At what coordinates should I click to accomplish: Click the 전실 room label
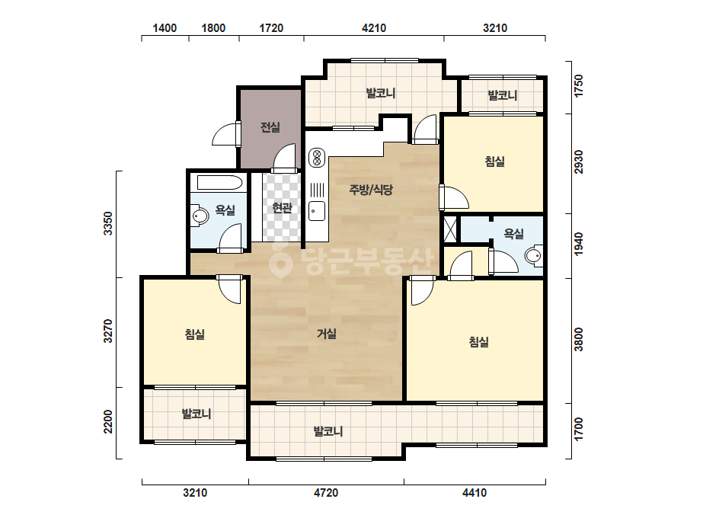coord(270,127)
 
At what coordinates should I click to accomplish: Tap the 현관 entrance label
coord(283,208)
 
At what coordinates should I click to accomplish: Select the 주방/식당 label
coord(371,190)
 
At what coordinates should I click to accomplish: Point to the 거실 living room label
coord(327,334)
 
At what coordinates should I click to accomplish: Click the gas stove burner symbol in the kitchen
coord(317,158)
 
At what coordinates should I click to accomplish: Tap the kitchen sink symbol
coord(317,211)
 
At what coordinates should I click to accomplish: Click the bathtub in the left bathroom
coord(220,183)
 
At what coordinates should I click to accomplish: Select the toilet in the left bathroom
coord(200,216)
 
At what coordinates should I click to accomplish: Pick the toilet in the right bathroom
coord(534,255)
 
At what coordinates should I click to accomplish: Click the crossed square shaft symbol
coord(449,229)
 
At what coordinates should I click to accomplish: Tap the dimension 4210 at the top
coord(374,28)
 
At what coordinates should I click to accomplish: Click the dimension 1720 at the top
coord(271,28)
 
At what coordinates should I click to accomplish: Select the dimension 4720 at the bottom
coord(326,493)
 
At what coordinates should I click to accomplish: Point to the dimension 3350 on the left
coord(108,223)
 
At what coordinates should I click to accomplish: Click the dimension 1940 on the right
coord(579,244)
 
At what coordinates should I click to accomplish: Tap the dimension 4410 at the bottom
coord(475,493)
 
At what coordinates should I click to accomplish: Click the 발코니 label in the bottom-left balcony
coord(197,414)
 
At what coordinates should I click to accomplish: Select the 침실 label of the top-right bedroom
coord(495,161)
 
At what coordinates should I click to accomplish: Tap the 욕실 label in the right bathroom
coord(514,233)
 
